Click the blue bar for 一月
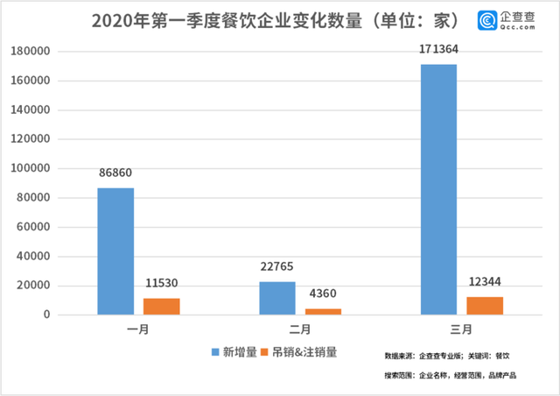[115, 251]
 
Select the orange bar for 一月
[161, 307]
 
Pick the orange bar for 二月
[323, 311]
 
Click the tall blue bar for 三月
[438, 189]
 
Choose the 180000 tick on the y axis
[37, 52]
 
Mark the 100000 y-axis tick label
[37, 168]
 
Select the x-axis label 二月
[299, 330]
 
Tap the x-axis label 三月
[461, 330]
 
